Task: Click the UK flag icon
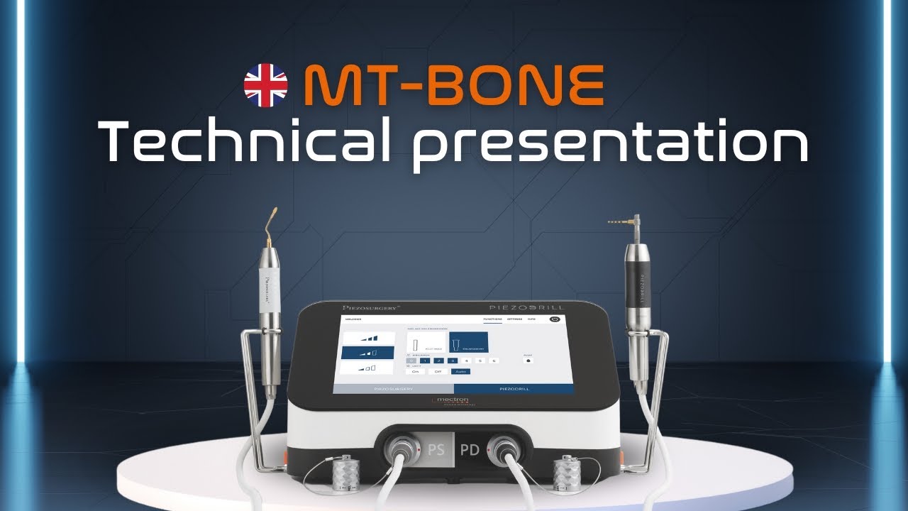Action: coord(266,85)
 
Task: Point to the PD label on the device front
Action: coord(470,449)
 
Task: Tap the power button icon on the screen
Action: coord(555,319)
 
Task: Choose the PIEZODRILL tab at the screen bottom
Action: coord(514,390)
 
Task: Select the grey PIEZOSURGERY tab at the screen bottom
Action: coord(394,390)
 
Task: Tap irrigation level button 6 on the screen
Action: coord(494,361)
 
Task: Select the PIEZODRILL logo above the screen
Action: coord(527,307)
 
